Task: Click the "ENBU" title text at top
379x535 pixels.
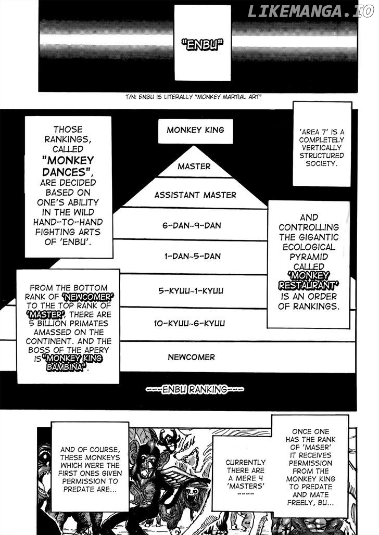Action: pyautogui.click(x=202, y=44)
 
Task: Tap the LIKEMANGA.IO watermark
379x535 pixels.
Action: pyautogui.click(x=311, y=11)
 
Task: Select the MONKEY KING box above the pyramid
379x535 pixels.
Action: pyautogui.click(x=195, y=131)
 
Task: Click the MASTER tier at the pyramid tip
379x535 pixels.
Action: pyautogui.click(x=194, y=167)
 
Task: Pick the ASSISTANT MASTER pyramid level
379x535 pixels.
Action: pyautogui.click(x=195, y=195)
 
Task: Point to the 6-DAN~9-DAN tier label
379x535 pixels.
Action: pyautogui.click(x=192, y=225)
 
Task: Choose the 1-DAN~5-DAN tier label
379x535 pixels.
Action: pyautogui.click(x=192, y=256)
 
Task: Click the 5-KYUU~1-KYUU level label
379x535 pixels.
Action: pyautogui.click(x=191, y=291)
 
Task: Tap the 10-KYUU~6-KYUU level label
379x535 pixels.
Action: pyautogui.click(x=189, y=323)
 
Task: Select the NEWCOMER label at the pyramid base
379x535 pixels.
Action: pyautogui.click(x=191, y=357)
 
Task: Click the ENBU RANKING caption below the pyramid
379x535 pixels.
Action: pyautogui.click(x=195, y=389)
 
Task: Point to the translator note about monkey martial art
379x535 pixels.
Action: pyautogui.click(x=193, y=97)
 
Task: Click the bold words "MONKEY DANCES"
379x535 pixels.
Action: pyautogui.click(x=68, y=166)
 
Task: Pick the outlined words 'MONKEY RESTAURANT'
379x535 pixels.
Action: pyautogui.click(x=308, y=281)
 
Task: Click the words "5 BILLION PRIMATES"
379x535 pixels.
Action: pyautogui.click(x=68, y=324)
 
